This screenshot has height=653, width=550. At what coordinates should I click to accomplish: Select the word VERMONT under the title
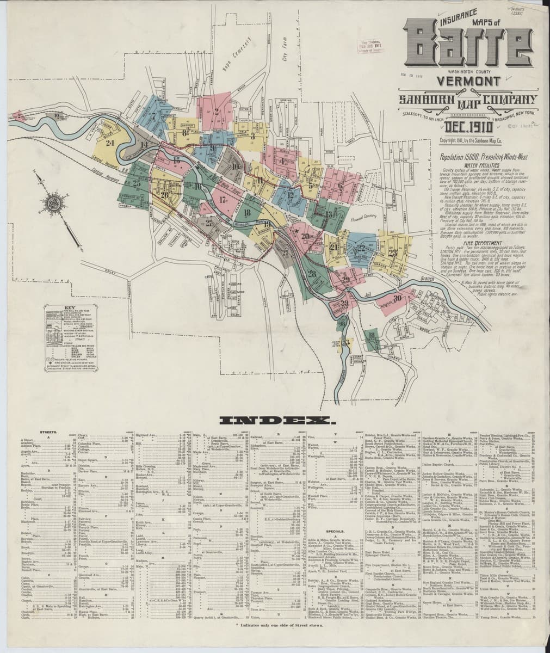(x=467, y=81)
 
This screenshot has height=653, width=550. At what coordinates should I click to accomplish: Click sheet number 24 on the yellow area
(x=111, y=143)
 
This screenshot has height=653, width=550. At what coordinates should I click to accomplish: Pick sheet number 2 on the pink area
(x=216, y=113)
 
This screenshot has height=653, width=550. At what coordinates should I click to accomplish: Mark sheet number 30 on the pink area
(x=397, y=298)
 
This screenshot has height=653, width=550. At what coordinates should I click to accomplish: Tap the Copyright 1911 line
(x=471, y=141)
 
